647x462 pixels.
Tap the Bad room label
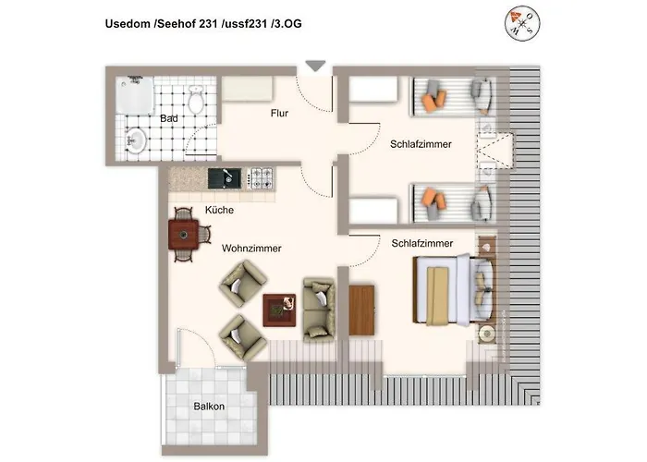(169, 119)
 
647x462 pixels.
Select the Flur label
(280, 114)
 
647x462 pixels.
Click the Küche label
(219, 210)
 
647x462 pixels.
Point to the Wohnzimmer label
(251, 248)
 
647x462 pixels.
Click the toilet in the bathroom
(196, 99)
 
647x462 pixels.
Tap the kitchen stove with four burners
(262, 175)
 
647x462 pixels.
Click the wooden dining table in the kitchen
(184, 236)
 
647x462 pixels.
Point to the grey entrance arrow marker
(315, 66)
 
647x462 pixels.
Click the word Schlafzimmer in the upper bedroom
(421, 144)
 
